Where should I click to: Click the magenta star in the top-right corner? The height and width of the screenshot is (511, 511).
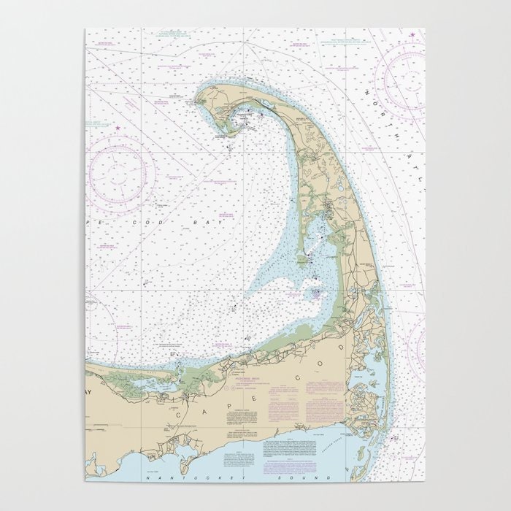[412, 35]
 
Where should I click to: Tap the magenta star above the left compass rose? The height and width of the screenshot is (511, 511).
[117, 128]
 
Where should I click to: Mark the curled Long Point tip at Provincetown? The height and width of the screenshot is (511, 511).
[220, 136]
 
